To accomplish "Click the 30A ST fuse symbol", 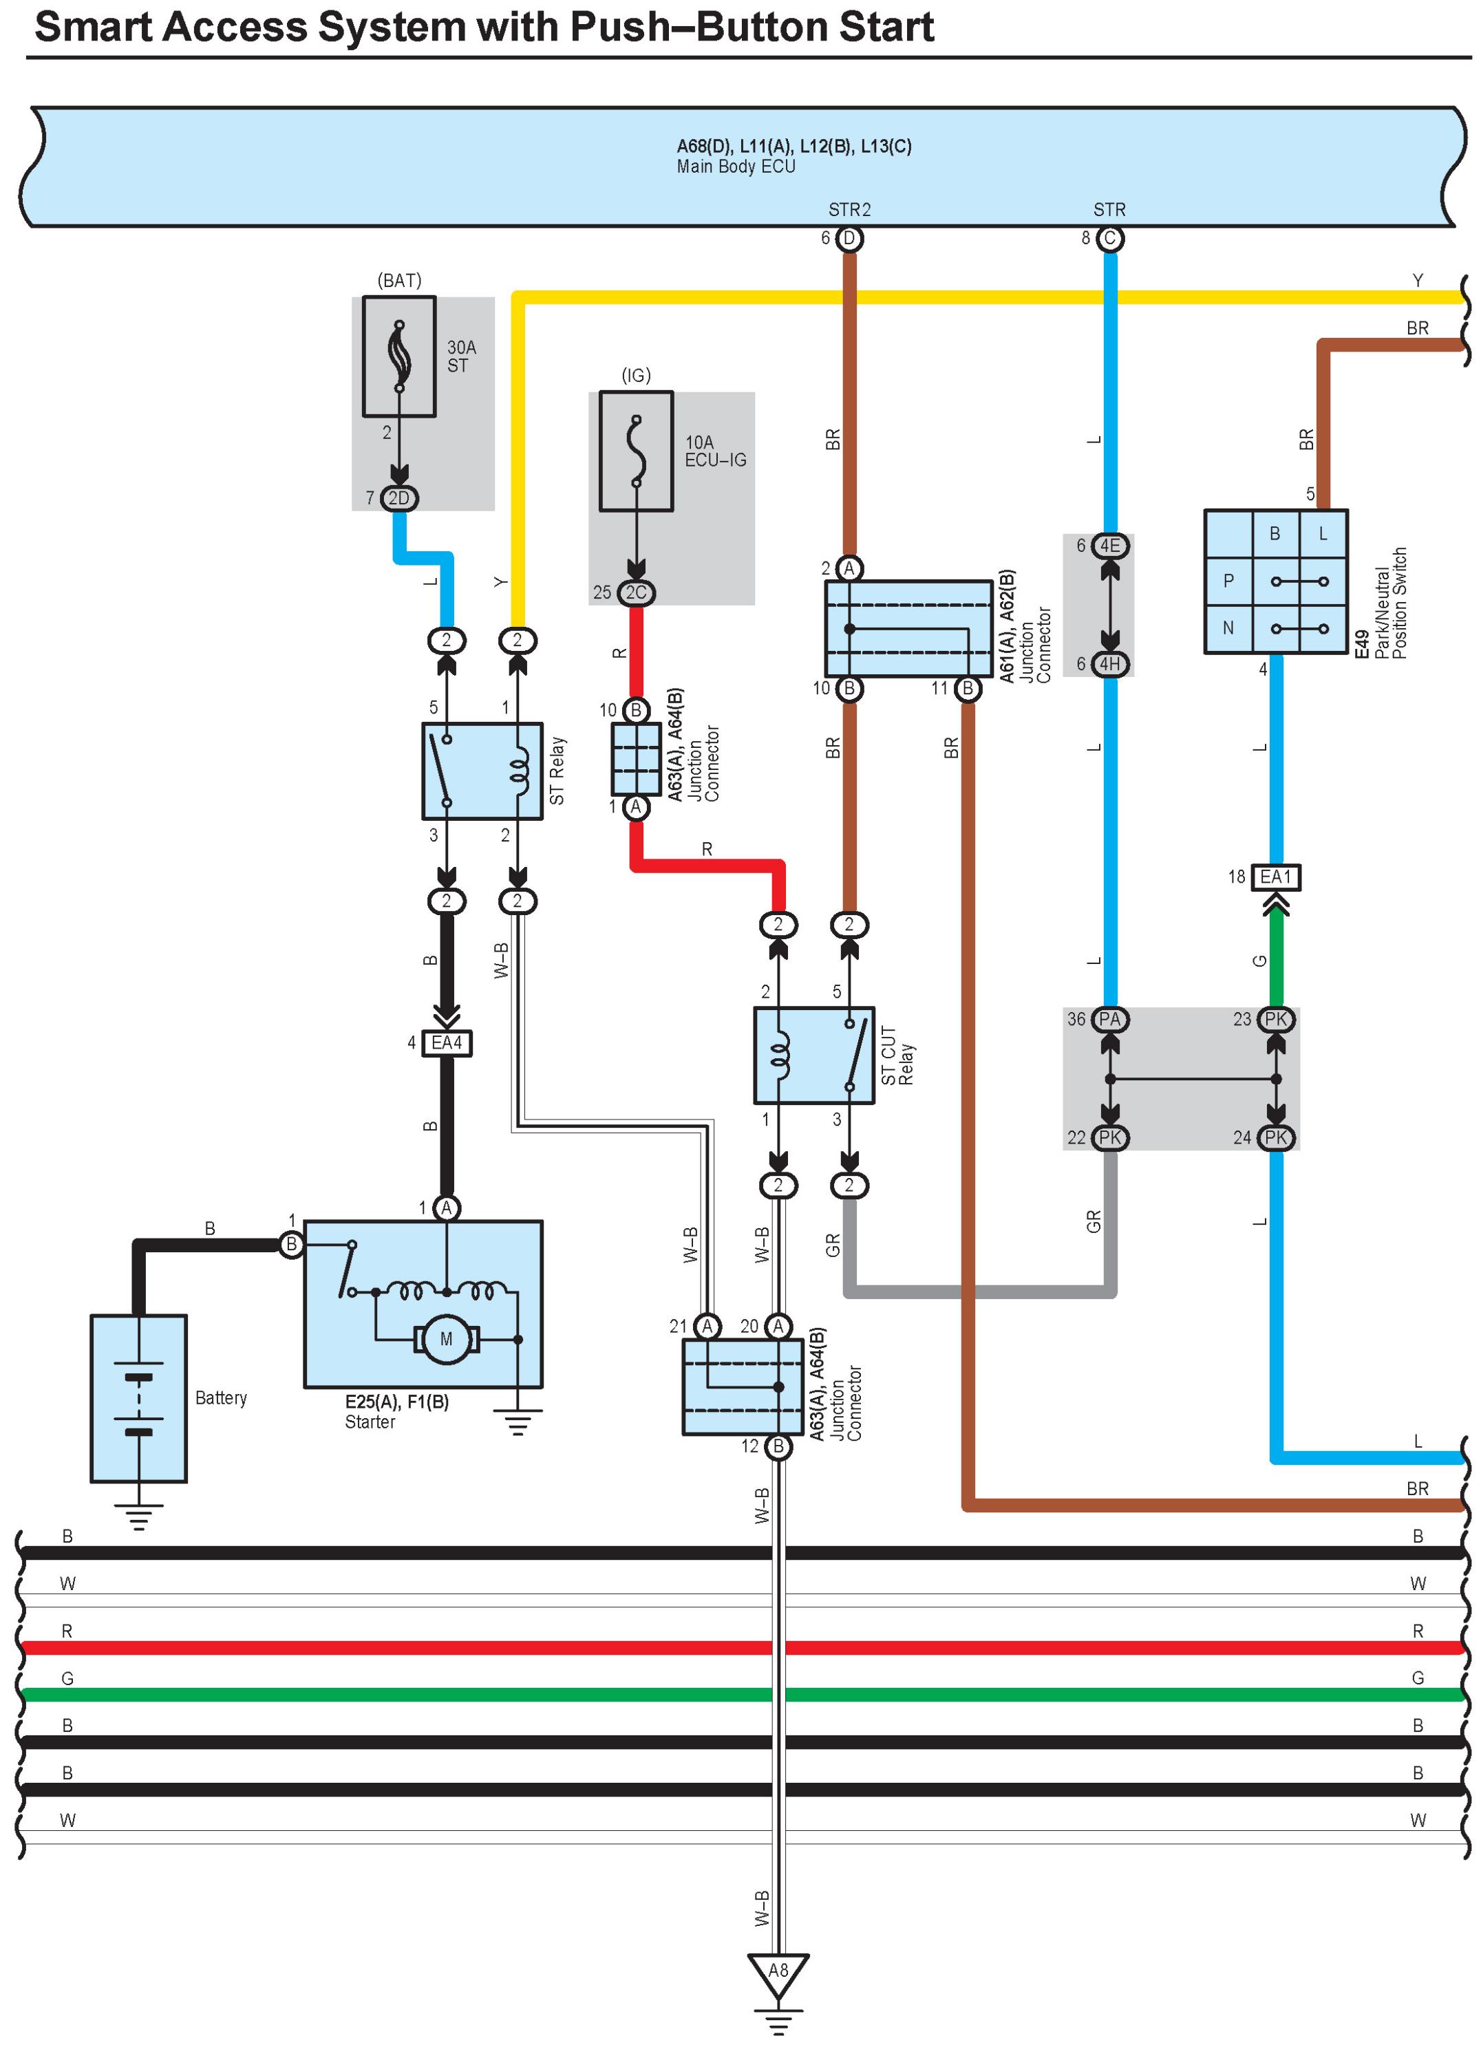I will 399,356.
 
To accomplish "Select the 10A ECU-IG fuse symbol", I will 637,451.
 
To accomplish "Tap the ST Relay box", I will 482,771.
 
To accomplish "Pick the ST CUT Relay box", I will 814,1055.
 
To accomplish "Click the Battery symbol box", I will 138,1398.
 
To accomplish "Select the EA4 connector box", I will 447,1043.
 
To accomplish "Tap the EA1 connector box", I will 1275,877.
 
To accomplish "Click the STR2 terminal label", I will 849,209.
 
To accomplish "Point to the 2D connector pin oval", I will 399,498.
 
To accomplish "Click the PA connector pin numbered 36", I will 1110,1020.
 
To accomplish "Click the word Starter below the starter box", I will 370,1422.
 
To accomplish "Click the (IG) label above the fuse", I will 637,376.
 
